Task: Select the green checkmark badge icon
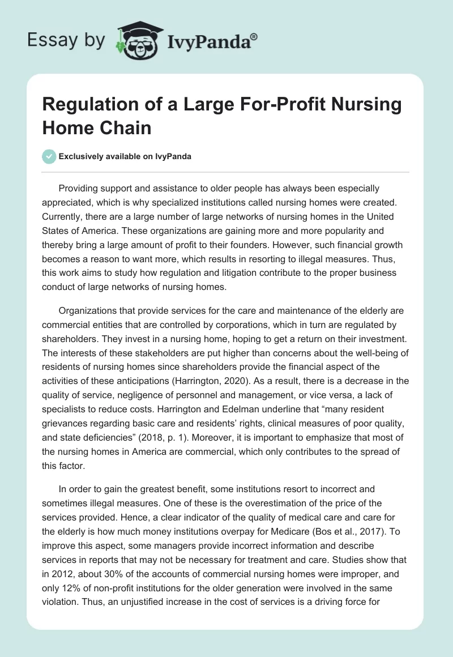pos(49,156)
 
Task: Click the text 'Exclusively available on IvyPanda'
pos(125,157)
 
